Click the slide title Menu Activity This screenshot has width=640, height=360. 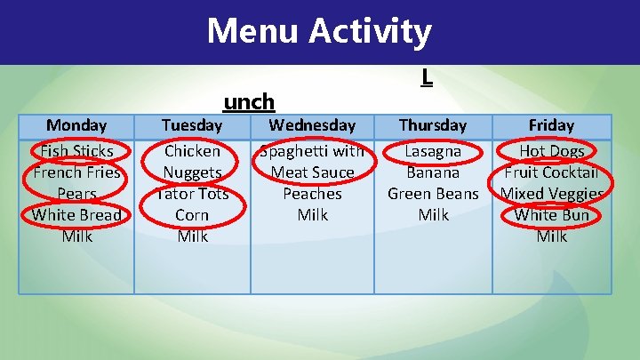319,32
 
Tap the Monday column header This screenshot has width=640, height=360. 76,125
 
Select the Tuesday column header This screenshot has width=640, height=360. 192,125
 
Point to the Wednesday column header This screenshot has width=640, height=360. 312,125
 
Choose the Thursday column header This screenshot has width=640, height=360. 433,125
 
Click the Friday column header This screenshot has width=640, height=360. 551,125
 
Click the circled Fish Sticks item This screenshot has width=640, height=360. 76,151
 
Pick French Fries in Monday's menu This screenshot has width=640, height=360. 76,172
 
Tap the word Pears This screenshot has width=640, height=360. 76,194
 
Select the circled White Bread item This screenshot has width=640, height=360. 76,215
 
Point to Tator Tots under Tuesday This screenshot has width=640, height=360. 192,194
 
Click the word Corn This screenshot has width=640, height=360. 192,215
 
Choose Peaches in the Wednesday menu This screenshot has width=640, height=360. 312,194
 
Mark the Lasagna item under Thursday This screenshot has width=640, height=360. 433,151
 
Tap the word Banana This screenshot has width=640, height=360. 433,172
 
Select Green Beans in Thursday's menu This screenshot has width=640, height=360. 433,194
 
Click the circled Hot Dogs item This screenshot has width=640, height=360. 551,151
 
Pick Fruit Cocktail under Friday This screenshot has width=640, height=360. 551,172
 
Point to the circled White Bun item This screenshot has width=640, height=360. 551,215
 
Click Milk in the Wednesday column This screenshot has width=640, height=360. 312,215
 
